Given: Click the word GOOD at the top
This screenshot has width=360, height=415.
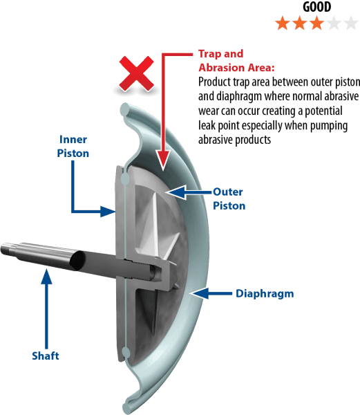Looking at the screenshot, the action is (316, 7).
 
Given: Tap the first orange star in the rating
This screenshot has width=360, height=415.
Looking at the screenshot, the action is (283, 24).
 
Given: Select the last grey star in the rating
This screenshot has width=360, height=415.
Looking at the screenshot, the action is (351, 24).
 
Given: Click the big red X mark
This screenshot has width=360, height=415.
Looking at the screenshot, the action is (136, 74).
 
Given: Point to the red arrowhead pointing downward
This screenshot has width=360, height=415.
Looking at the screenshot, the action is (163, 160).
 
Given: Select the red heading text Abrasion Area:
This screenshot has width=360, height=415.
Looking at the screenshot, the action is (236, 68).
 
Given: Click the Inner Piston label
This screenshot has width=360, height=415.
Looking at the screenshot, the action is (73, 147).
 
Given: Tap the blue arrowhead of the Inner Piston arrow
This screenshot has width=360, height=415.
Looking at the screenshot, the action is (108, 212).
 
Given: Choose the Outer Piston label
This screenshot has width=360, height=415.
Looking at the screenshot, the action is (229, 199).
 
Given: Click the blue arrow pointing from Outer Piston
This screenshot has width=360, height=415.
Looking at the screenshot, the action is (189, 192).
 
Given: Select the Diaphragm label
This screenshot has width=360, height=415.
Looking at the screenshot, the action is (265, 293).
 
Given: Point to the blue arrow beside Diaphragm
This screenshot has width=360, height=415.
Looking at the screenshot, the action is (212, 293).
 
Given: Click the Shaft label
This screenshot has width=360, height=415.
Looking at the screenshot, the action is (46, 356).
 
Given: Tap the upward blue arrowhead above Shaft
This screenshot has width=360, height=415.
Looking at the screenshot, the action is (46, 277).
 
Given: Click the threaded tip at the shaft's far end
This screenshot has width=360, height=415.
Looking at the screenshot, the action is (7, 249).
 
